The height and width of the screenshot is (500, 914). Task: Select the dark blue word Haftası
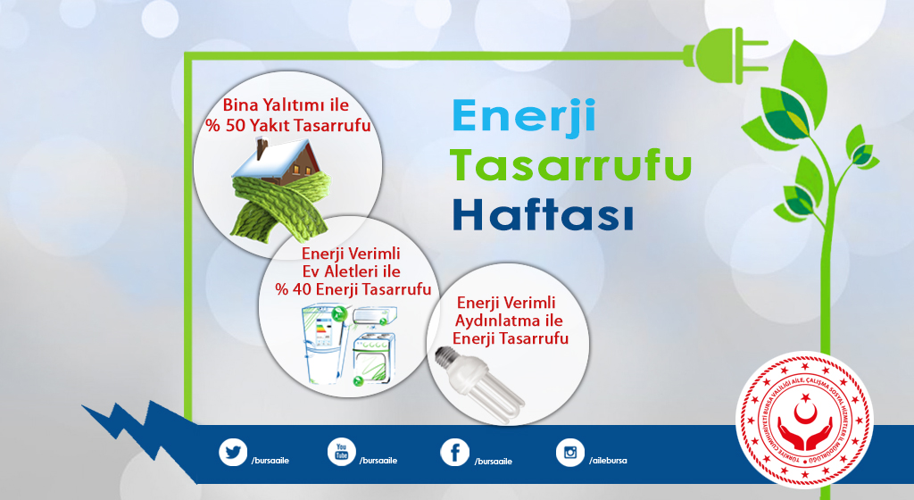click(543, 215)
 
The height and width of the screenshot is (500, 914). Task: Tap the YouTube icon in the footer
click(341, 453)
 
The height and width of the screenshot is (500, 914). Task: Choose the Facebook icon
click(454, 453)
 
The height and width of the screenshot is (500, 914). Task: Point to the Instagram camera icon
click(569, 453)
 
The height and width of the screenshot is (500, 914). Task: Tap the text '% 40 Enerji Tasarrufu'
click(353, 289)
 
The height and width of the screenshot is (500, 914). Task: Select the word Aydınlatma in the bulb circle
click(510, 321)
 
